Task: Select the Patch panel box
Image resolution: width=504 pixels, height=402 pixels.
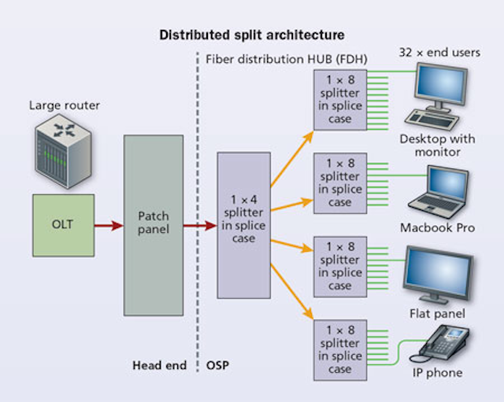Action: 154,225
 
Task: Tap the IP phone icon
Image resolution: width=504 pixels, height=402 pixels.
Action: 445,342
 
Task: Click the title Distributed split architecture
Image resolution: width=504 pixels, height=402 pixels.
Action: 251,35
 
